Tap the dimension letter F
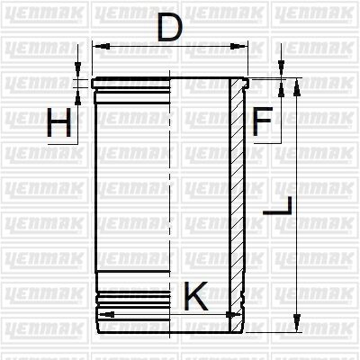(x=262, y=121)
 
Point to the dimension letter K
(x=196, y=295)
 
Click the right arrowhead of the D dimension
(x=242, y=45)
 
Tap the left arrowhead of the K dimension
(x=103, y=314)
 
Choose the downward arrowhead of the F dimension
(x=281, y=73)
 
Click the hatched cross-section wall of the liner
(x=237, y=198)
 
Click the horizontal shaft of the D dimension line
(x=171, y=45)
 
